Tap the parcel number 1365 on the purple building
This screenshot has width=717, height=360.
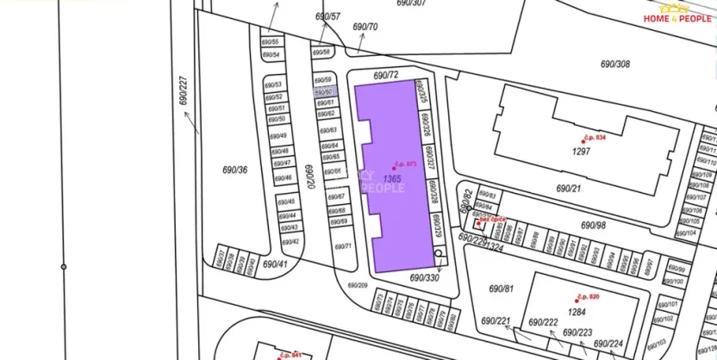tap(392, 178)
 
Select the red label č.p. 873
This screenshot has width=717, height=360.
tap(405, 164)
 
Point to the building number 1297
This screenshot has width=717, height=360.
tap(581, 152)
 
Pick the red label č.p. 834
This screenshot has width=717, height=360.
tap(595, 138)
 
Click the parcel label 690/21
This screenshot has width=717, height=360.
tap(569, 188)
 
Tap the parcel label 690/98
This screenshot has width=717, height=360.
tap(593, 225)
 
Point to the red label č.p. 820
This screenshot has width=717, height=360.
tap(588, 297)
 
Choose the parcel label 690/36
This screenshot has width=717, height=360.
tap(234, 170)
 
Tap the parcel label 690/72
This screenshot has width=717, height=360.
tap(386, 77)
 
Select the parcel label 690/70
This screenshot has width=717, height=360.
tap(365, 27)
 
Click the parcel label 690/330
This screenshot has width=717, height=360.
tap(425, 277)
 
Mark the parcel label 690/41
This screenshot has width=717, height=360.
tap(275, 264)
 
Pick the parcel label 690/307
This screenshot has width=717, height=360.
tap(412, 3)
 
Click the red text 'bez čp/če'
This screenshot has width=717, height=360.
tap(493, 220)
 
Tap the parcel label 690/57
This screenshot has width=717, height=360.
tap(327, 16)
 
